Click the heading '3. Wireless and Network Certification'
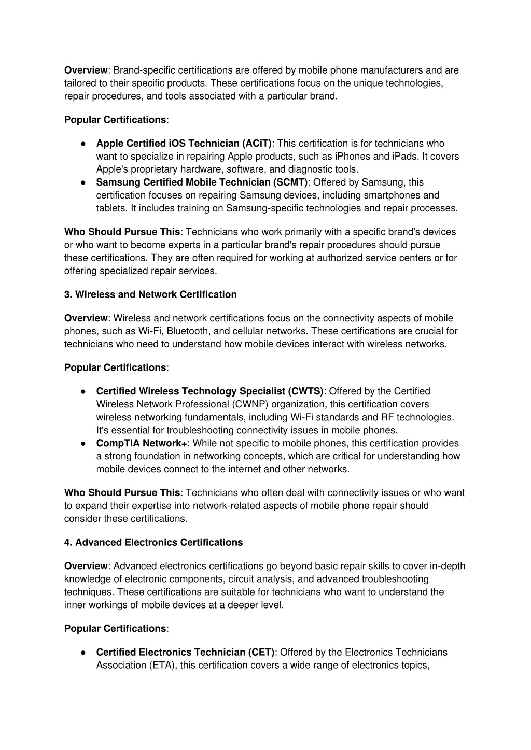150,294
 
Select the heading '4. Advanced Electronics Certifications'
153,542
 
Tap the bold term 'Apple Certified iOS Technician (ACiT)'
184,144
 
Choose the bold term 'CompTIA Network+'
142,443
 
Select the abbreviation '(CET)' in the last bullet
261,653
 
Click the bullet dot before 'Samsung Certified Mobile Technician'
83,182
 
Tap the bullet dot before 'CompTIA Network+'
83,443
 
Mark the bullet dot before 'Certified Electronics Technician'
83,653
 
